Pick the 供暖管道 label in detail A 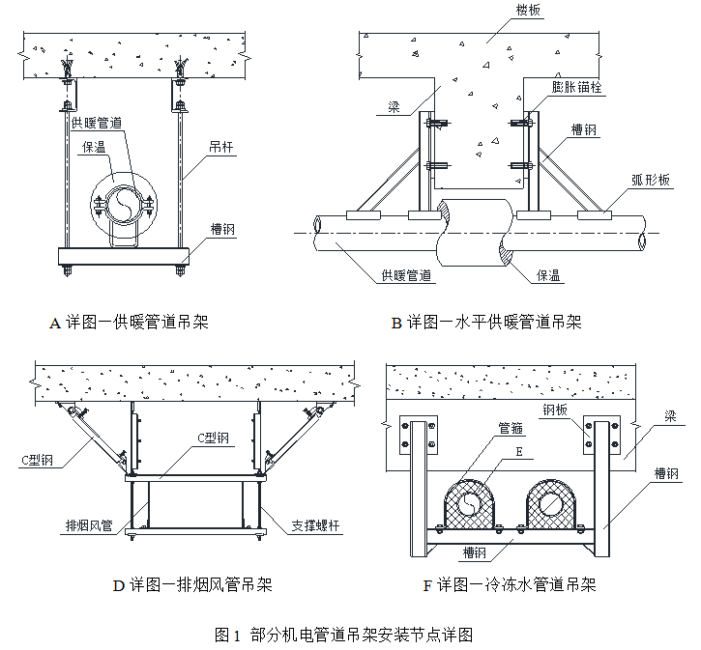tap(99, 123)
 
